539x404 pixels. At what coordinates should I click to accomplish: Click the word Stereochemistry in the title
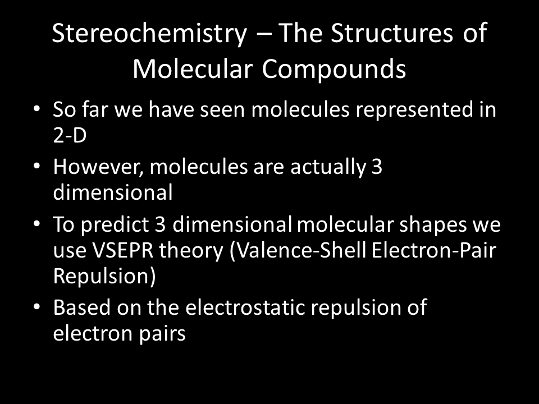(x=149, y=33)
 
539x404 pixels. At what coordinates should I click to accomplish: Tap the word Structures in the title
(x=392, y=33)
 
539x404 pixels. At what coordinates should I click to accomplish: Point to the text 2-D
(x=70, y=135)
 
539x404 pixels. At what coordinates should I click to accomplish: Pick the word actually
(x=328, y=167)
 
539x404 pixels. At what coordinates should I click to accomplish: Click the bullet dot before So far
(x=37, y=108)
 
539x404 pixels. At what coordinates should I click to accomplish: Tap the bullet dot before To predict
(x=37, y=224)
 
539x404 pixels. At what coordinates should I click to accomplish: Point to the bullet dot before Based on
(x=37, y=306)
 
